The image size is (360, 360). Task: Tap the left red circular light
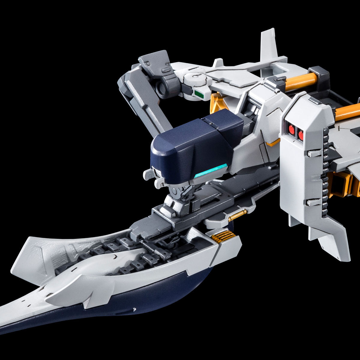point(291,129)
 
